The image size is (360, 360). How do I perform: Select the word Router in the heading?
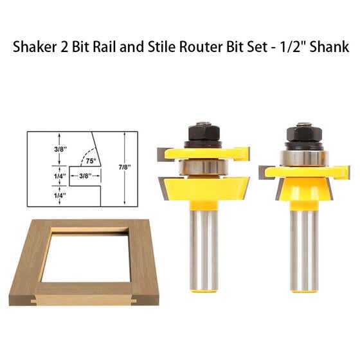point(203,48)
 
